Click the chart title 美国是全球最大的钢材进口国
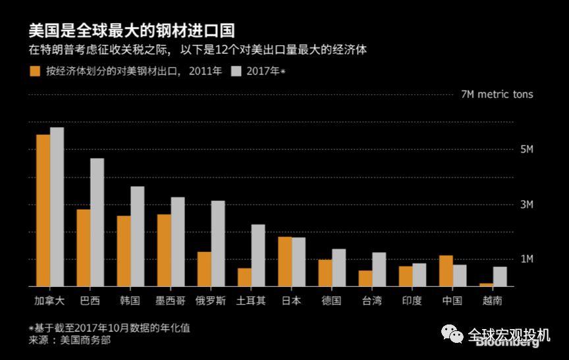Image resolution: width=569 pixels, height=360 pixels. [x=132, y=30]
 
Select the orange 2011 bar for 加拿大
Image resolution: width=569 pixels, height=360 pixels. [x=43, y=211]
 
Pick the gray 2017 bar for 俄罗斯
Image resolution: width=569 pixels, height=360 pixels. [x=218, y=244]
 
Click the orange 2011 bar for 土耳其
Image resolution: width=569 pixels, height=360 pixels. [x=244, y=277]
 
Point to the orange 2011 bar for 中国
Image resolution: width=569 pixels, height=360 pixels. [x=446, y=270]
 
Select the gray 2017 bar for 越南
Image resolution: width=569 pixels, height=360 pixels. [x=500, y=276]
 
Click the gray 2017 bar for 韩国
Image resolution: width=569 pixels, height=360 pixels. [x=138, y=236]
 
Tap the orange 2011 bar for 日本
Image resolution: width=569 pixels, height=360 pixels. [x=284, y=261]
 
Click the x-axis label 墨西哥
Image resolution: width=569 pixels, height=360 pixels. [x=170, y=301]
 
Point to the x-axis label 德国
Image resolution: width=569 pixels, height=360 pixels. [x=331, y=301]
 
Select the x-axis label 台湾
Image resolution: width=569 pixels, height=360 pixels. [x=371, y=301]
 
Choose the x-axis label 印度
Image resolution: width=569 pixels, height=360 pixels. [x=412, y=301]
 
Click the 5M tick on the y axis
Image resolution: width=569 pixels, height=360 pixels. [x=526, y=149]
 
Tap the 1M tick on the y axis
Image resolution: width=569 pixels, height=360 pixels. [x=526, y=259]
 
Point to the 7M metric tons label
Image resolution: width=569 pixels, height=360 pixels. [x=497, y=94]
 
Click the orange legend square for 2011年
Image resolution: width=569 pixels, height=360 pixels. [x=34, y=71]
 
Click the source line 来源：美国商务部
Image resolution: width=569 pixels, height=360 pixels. [x=69, y=340]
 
